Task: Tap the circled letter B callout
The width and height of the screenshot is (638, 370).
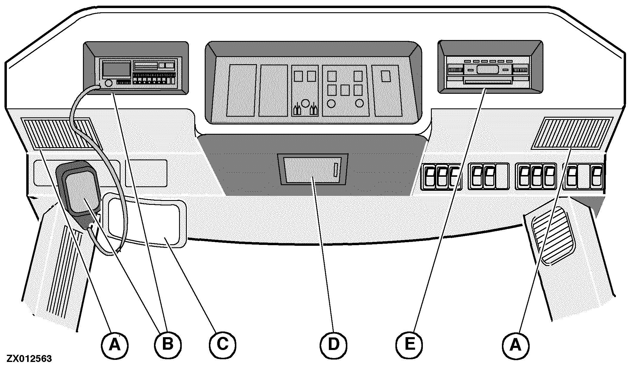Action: point(168,345)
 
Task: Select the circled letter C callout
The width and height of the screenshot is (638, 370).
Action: point(222,345)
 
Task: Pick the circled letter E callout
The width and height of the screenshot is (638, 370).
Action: point(409,345)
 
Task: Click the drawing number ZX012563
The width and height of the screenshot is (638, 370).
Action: point(29,359)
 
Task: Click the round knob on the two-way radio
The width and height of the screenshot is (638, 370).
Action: point(108,83)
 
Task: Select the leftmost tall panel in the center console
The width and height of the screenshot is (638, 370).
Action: point(242,90)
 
